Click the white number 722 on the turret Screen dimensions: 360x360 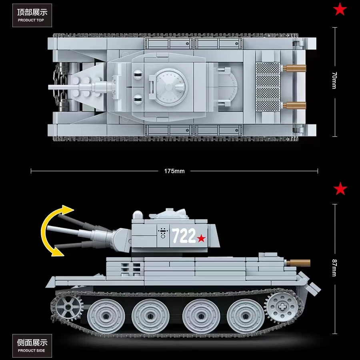click(x=184, y=236)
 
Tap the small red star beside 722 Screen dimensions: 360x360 click(x=201, y=238)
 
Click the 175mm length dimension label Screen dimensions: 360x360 click(x=174, y=171)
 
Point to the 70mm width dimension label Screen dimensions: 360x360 click(x=334, y=81)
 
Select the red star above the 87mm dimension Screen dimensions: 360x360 click(x=340, y=188)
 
